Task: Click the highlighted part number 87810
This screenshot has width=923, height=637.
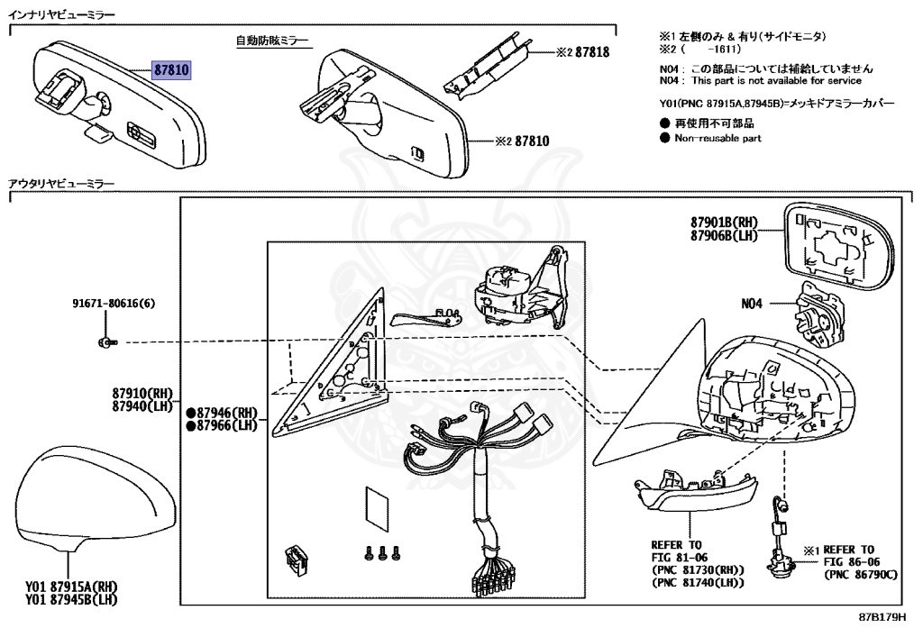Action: pos(170,69)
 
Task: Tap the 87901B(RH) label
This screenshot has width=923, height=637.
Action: pos(725,223)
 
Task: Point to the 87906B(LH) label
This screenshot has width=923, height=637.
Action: pos(725,235)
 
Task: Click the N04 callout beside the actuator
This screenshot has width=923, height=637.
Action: pos(752,304)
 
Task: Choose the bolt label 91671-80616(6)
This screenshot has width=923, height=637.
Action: pos(114,304)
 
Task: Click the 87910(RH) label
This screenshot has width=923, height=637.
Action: pos(142,394)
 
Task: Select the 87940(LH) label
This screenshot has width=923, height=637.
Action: pos(142,406)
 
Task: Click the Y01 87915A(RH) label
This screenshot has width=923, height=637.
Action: pos(71,587)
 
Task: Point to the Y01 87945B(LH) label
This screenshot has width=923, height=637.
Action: pos(71,599)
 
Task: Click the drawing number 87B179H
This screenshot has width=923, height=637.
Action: pos(881,618)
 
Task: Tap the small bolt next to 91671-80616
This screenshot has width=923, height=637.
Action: pos(107,341)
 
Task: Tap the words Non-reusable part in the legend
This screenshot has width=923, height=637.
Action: pos(717,138)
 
